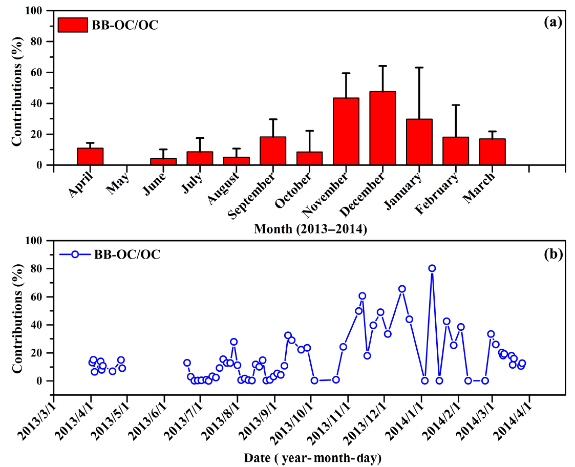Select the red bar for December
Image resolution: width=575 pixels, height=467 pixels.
click(382, 128)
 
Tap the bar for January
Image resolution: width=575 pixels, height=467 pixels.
click(419, 142)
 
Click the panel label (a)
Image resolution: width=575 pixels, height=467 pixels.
click(553, 22)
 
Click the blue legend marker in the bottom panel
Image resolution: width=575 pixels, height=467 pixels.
click(75, 254)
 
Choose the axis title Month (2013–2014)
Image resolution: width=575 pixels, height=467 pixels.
click(310, 229)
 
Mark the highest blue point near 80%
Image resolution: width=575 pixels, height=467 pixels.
click(432, 268)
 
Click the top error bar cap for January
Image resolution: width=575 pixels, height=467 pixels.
click(419, 67)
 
